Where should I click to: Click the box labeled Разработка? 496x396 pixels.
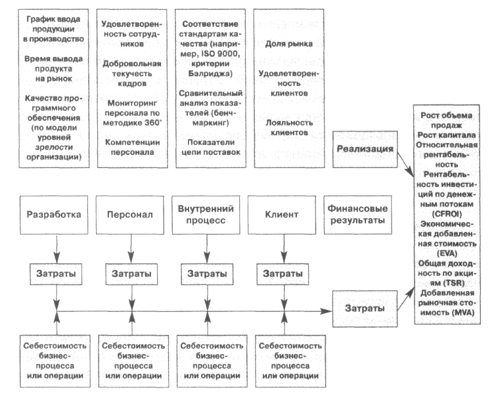[54, 215]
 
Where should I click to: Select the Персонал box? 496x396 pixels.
[130, 215]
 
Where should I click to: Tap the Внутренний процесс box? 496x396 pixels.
[206, 215]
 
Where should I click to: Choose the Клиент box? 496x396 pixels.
[282, 215]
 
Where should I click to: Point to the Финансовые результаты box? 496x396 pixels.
[358, 215]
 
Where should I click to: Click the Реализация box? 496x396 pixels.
[365, 149]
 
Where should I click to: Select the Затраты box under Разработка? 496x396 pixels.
[56, 274]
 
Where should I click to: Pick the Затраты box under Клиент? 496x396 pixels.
[282, 274]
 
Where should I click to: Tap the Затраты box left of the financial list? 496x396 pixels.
[365, 309]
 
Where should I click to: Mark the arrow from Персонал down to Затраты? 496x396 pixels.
[131, 249]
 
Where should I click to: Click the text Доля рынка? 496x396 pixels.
[289, 44]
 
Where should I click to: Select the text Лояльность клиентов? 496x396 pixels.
[289, 127]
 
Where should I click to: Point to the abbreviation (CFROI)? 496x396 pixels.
[447, 214]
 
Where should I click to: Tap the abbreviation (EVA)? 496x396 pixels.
[447, 253]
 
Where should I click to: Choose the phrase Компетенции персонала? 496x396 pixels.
[133, 147]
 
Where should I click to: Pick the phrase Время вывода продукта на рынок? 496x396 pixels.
[54, 69]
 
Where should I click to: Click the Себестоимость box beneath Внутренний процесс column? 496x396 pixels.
[212, 361]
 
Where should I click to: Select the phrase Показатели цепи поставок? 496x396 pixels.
[211, 147]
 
